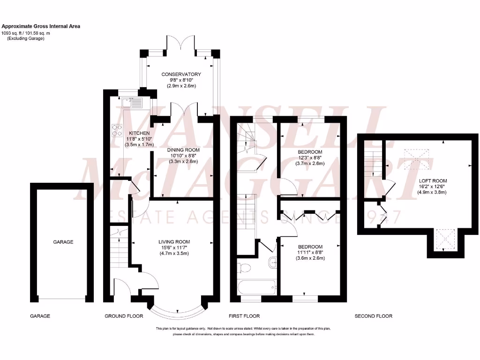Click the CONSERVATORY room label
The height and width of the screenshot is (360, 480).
point(181,74)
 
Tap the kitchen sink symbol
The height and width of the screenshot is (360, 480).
point(131,102)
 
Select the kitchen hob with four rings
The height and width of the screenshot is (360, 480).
point(116,129)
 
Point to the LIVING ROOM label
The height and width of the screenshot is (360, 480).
point(174,242)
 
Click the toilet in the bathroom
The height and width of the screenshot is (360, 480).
point(244,268)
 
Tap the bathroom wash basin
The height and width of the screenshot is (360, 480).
point(272,263)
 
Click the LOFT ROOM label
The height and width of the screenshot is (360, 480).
point(433,180)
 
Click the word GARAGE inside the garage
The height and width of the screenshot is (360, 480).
point(63,242)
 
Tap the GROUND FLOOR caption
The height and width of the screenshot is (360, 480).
point(124,316)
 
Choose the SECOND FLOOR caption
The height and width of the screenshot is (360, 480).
point(374,316)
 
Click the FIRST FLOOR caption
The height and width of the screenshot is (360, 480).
point(244,316)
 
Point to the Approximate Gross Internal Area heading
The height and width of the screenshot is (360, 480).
point(41,26)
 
